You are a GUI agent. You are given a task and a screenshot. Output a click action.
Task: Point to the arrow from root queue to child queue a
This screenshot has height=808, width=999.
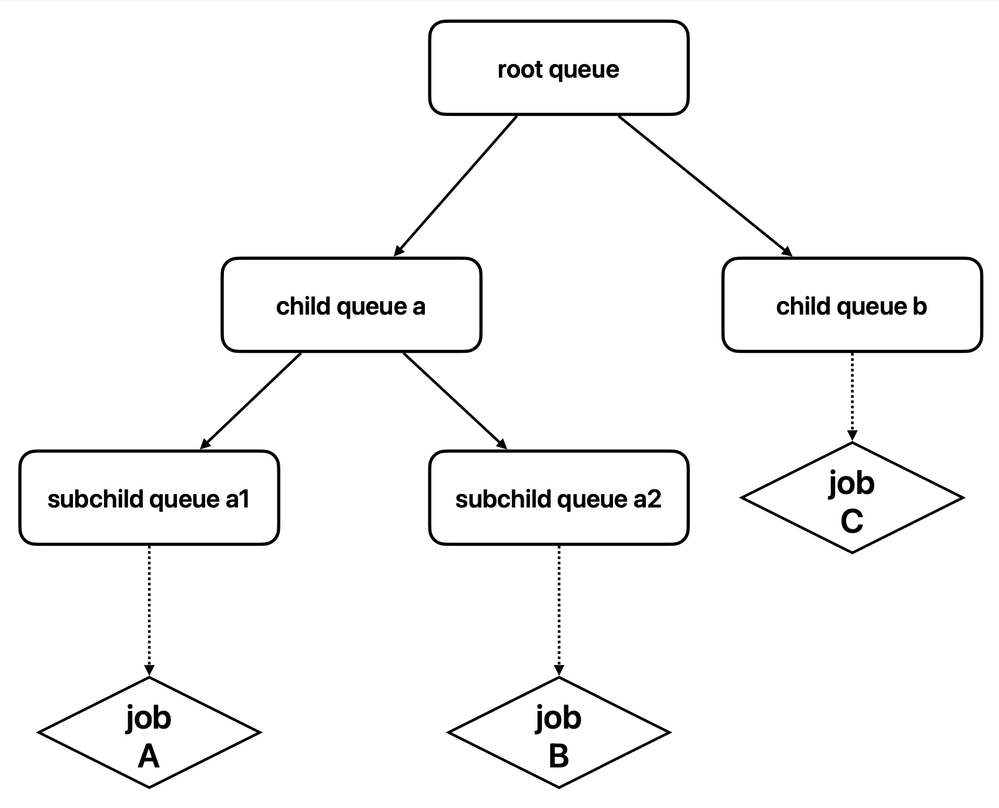coord(455,186)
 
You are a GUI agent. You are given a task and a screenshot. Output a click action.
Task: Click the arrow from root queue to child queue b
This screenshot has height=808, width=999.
coord(705,186)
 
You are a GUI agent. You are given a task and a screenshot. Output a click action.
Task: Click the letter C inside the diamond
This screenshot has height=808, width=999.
coord(852,520)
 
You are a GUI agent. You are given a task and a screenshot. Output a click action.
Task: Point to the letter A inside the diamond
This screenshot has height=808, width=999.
coord(149,756)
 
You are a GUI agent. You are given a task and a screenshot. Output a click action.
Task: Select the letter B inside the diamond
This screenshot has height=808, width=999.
coord(558,756)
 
